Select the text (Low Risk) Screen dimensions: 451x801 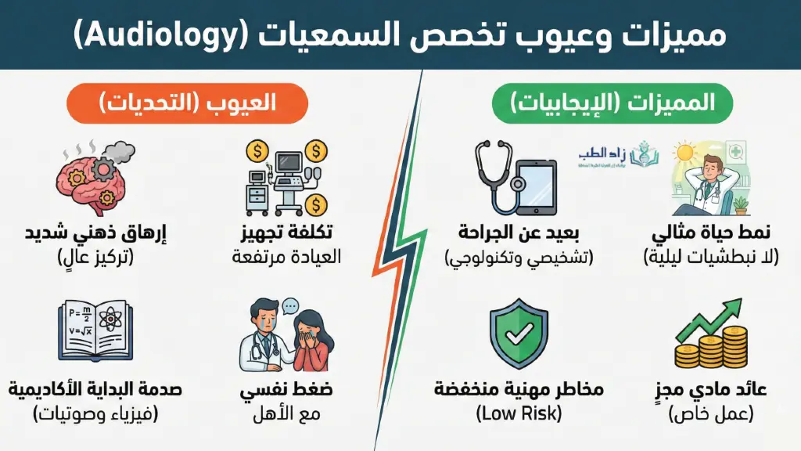[519, 413]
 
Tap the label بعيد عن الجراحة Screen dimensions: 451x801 [519, 233]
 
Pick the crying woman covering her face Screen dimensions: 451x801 [311, 341]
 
